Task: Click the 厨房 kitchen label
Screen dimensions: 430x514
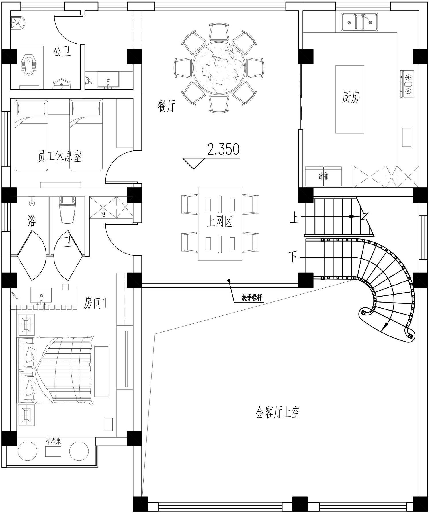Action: tap(351, 97)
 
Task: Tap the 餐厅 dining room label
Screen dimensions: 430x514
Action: tap(166, 106)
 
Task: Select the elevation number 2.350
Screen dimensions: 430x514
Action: tap(223, 149)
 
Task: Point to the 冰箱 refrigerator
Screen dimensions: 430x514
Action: tap(323, 176)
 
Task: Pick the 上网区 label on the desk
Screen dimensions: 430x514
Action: tap(219, 222)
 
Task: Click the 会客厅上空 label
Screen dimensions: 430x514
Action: tap(277, 413)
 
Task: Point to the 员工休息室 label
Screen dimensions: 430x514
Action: tap(60, 156)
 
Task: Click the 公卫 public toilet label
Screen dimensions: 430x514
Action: tap(62, 52)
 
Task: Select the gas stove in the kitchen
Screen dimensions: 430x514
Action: tap(407, 84)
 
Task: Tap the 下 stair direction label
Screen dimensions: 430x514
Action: tap(293, 257)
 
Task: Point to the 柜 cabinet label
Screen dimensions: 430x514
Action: tap(103, 213)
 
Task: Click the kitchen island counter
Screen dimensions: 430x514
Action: tap(350, 99)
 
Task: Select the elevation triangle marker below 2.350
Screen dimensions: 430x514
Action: tap(193, 163)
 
